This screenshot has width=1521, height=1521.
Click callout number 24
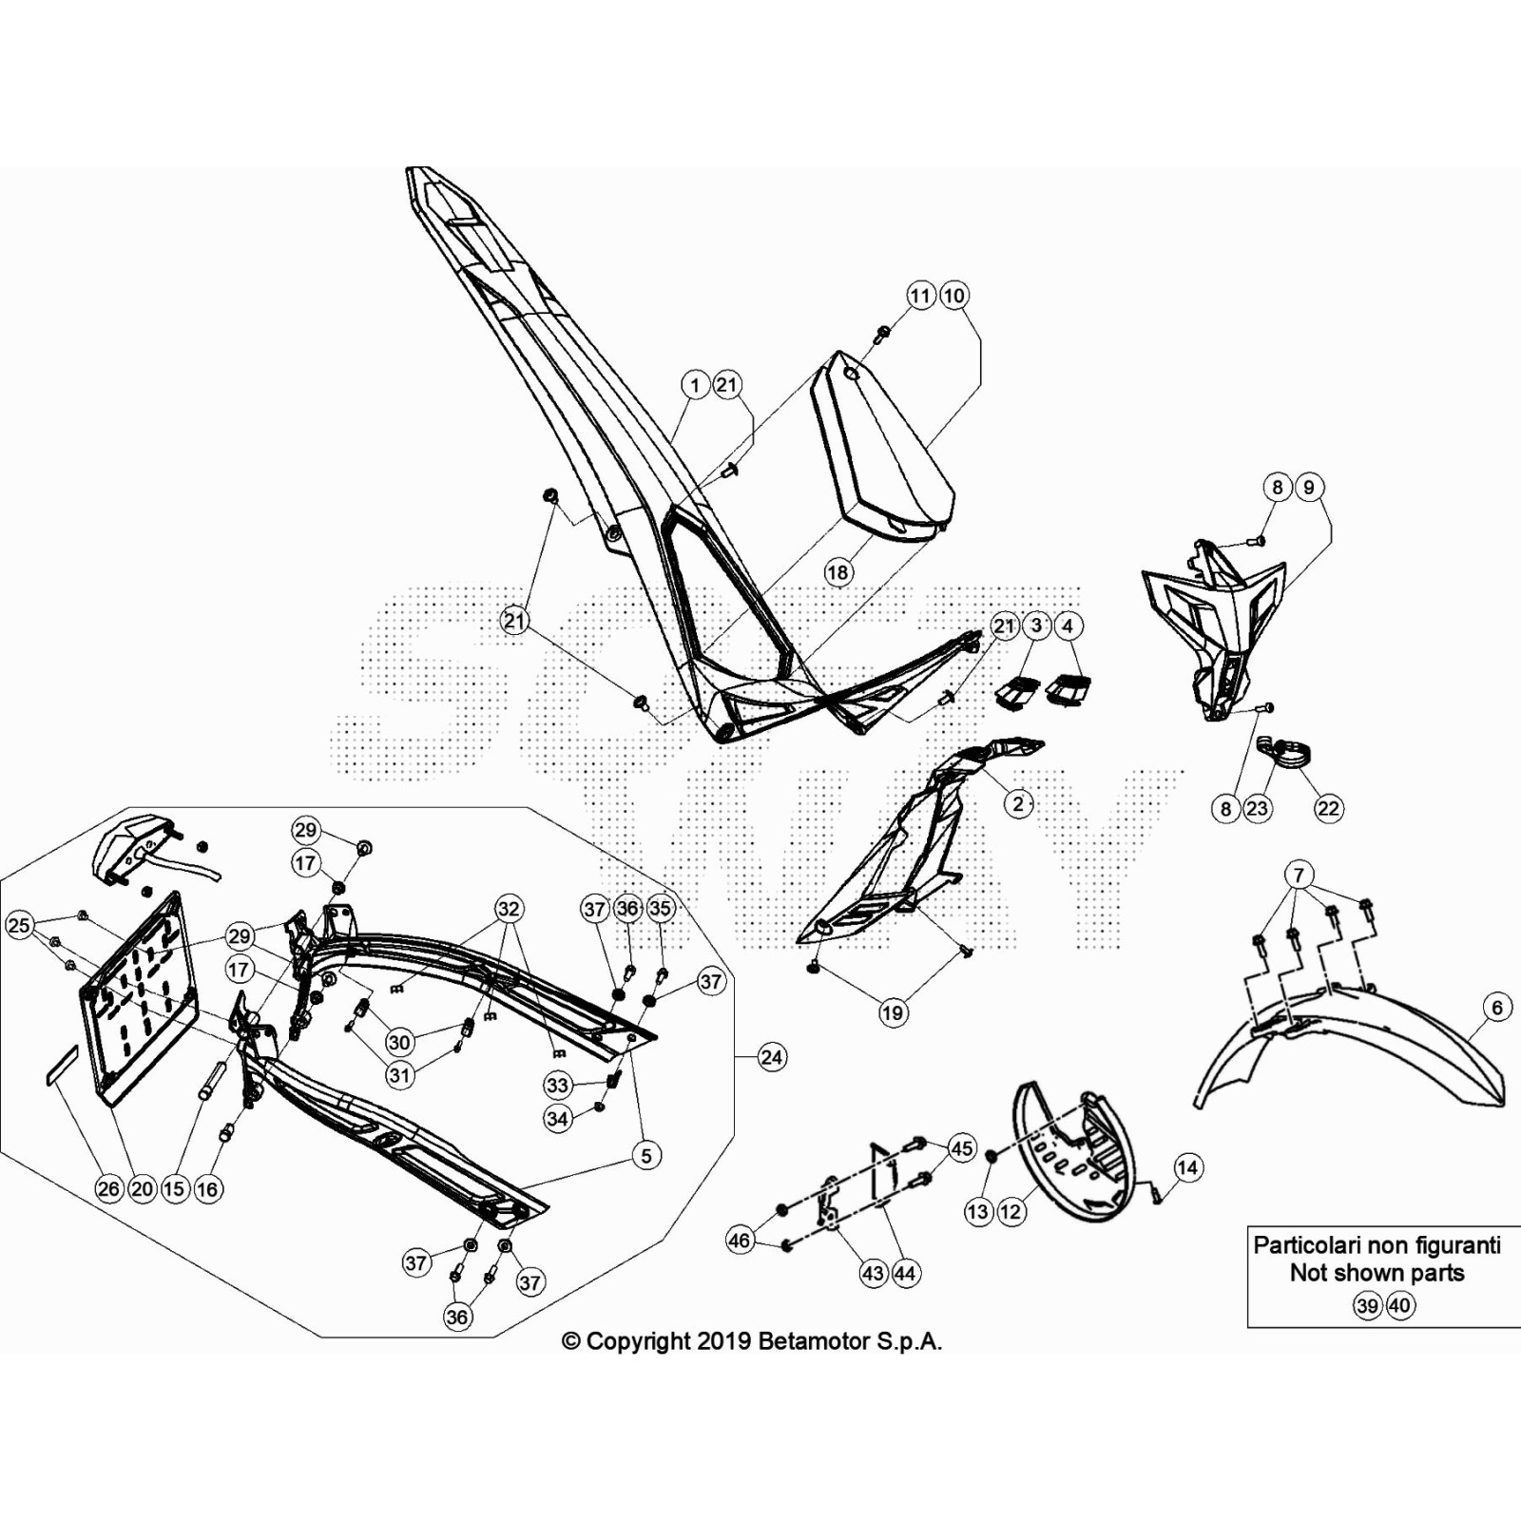coord(772,1057)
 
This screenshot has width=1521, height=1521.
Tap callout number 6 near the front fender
coord(1497,1008)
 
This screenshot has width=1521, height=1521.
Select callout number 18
coord(838,572)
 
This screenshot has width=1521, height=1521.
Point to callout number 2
coord(1018,803)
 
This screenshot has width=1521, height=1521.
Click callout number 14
coord(1188,1167)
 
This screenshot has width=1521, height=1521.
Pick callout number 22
coord(1328,808)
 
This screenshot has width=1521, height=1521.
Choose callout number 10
coord(953,296)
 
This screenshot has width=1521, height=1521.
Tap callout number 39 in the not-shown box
coord(1367,1305)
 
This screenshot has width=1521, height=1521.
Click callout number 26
coord(109,1188)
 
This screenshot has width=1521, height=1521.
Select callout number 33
coord(557,1085)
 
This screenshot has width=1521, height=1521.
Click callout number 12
coord(1010,1211)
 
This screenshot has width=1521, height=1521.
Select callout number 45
coord(962,1148)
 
